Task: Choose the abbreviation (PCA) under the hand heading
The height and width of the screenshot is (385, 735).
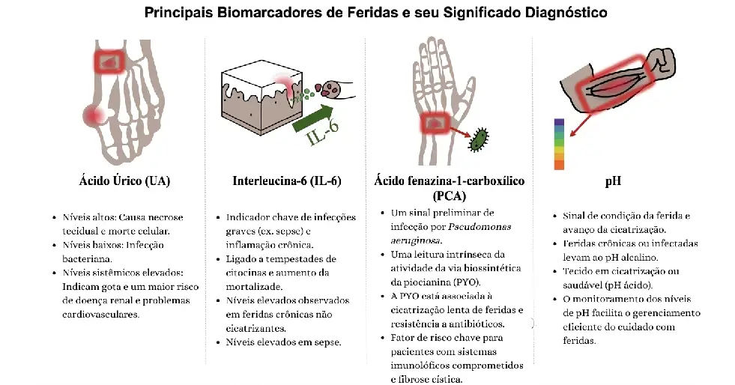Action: (x=449, y=195)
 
